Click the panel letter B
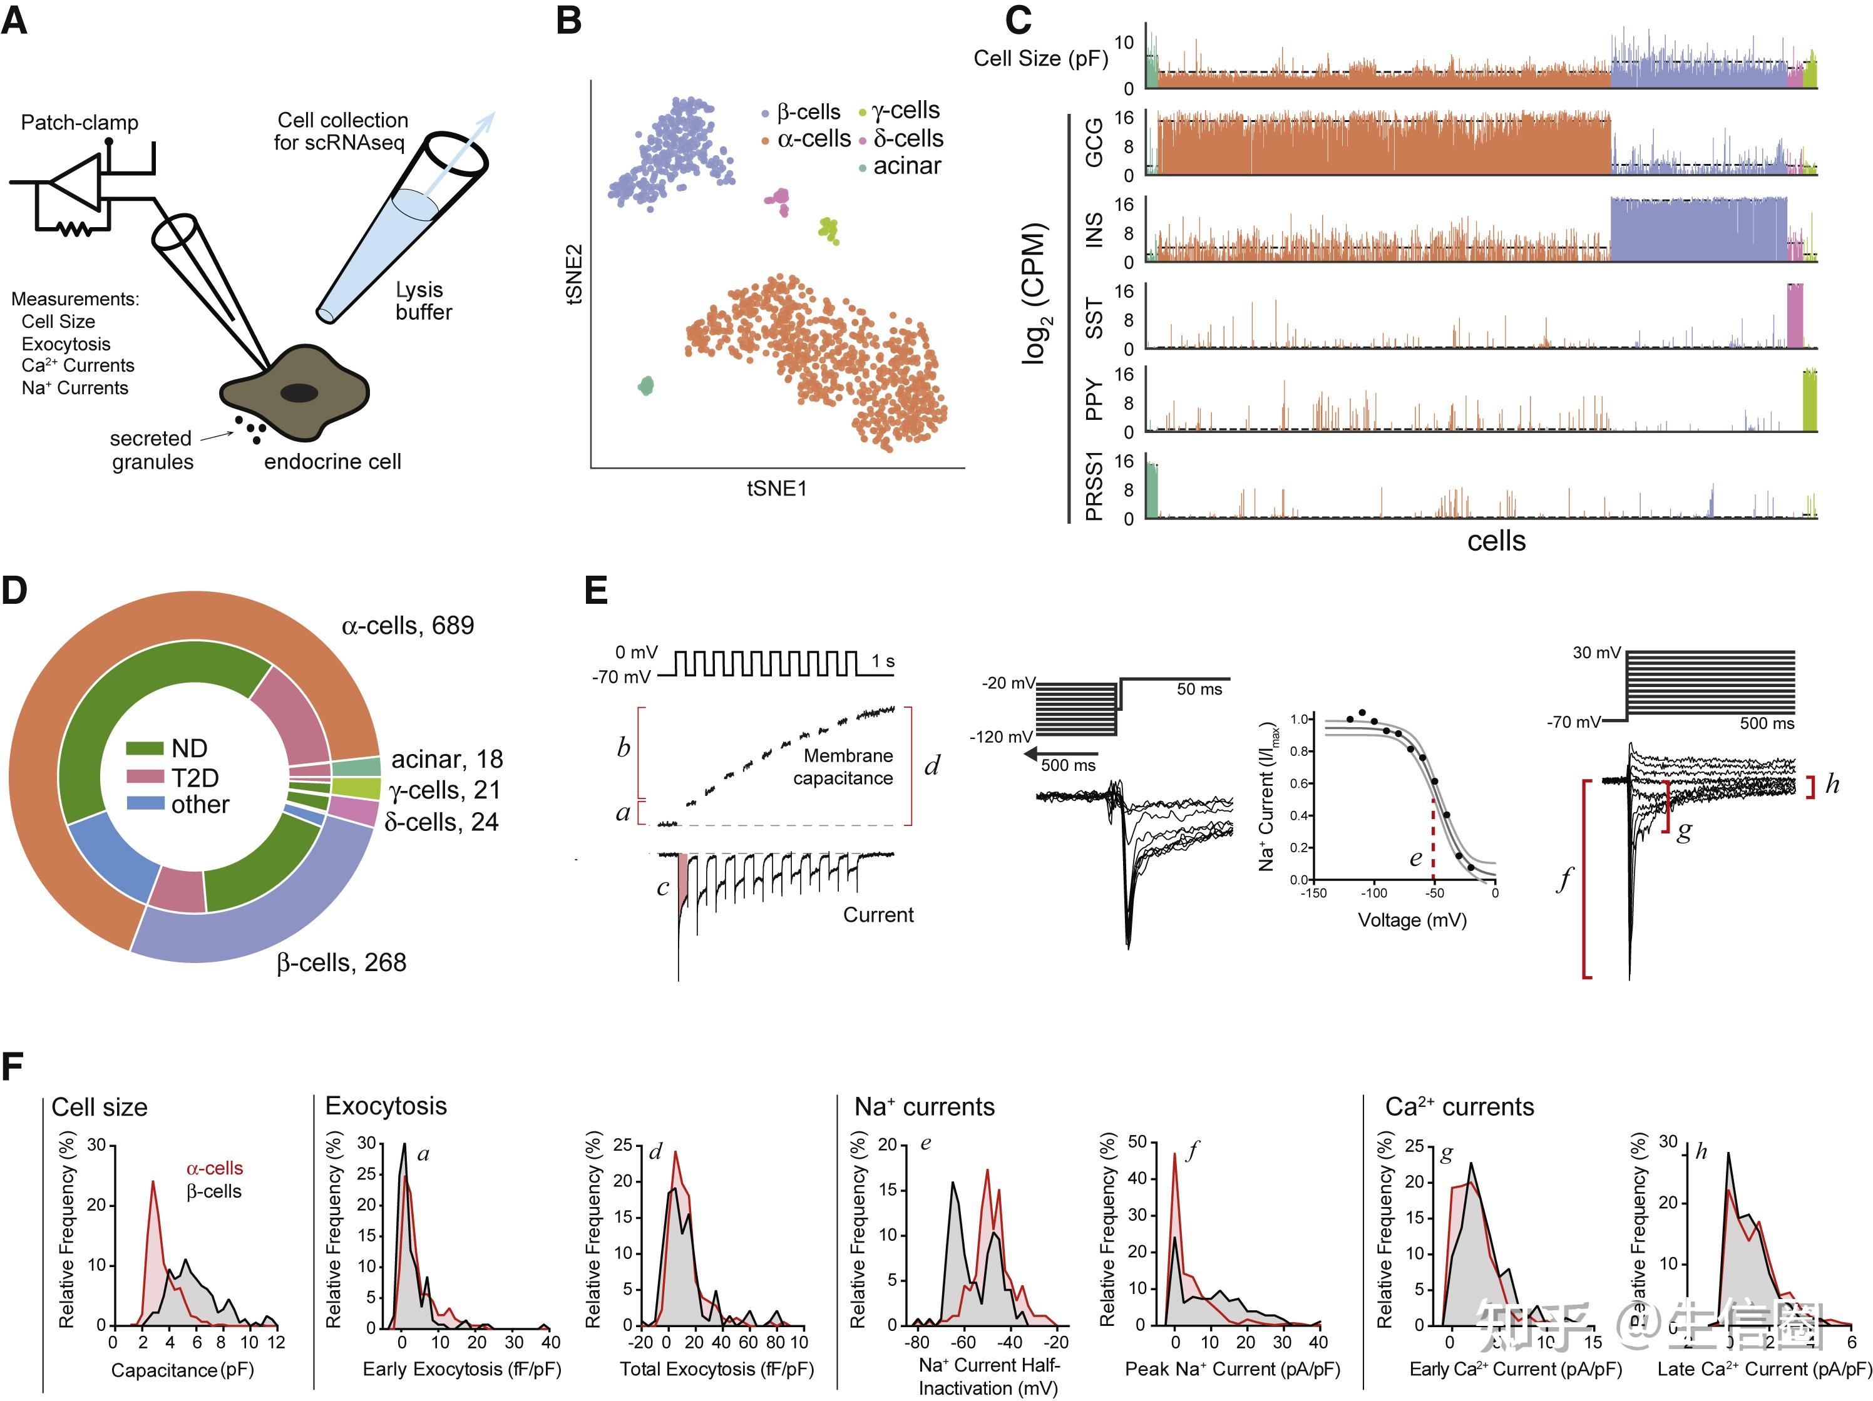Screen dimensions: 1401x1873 (x=569, y=20)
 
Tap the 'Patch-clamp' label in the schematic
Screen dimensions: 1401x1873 (x=80, y=123)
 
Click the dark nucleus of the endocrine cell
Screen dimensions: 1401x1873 (x=299, y=393)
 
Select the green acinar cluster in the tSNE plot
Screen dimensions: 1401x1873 (x=646, y=386)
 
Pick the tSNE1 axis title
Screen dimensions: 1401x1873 (x=776, y=489)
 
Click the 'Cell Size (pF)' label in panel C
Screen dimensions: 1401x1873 (x=1040, y=58)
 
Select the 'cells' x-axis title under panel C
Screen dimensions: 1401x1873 (x=1496, y=541)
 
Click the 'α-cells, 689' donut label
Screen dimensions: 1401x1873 (x=408, y=626)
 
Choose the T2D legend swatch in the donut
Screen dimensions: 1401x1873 (x=145, y=777)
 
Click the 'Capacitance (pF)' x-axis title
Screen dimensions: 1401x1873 (x=182, y=1370)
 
